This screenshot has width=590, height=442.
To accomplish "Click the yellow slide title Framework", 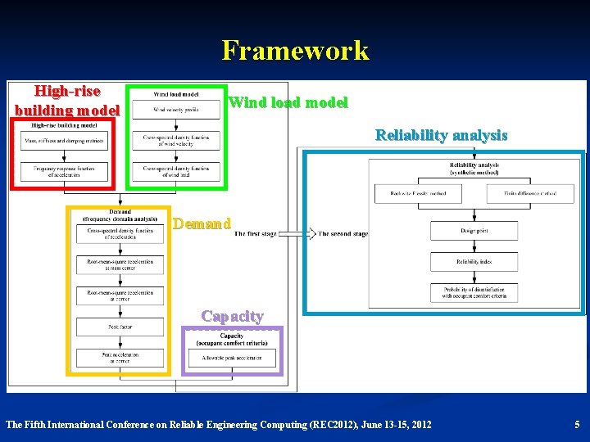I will point(295,51).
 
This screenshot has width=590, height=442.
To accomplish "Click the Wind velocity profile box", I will point(175,110).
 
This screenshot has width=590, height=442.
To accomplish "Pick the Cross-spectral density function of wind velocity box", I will point(175,140).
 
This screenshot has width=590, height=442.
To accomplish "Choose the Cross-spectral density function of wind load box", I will point(175,170).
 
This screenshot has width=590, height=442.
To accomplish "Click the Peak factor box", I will point(120,327).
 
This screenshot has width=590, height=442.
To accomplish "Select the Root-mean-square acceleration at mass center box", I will point(120,264).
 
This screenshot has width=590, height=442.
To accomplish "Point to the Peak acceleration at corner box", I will point(120,358).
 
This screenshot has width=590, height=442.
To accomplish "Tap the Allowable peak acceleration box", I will point(232,357).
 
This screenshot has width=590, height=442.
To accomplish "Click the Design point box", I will point(474,231).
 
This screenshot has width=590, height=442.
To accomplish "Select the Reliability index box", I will point(474,262).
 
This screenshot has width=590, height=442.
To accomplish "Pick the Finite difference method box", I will point(520,193).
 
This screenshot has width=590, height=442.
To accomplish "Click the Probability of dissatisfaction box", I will point(474,292).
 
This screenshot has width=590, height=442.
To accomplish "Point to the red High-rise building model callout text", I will point(67,101).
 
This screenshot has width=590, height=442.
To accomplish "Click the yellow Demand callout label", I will point(202,223).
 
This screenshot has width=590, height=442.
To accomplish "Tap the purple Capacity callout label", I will point(232,316).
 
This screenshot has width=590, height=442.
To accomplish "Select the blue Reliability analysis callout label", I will point(441,135).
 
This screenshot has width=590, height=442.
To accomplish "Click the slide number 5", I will point(576,424).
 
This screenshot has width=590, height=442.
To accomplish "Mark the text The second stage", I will point(342,233).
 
